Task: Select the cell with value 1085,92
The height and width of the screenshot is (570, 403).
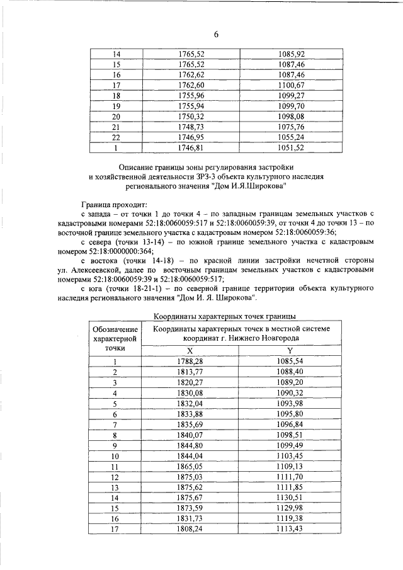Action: click(290, 55)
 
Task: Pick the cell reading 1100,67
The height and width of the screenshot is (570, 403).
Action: click(290, 86)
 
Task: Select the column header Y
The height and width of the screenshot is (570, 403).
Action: click(290, 350)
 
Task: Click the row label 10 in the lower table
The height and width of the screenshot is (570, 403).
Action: click(115, 455)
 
